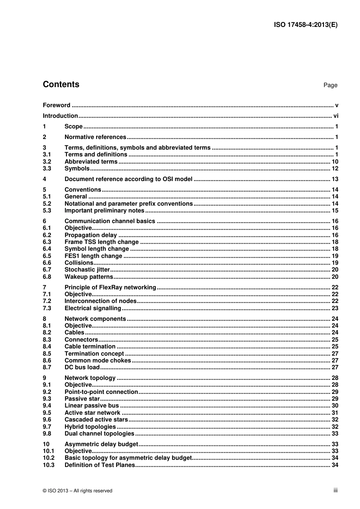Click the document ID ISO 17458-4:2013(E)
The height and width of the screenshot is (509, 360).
click(305, 25)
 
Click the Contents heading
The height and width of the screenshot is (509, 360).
click(61, 84)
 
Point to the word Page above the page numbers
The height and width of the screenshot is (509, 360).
click(330, 85)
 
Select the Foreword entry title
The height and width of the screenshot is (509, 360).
click(56, 105)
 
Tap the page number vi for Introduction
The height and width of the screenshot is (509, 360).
click(336, 116)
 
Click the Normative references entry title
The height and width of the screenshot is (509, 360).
click(95, 137)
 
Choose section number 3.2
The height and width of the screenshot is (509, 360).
click(47, 162)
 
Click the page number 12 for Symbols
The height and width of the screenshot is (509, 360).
click(335, 169)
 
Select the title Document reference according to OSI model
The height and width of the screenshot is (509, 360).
click(128, 179)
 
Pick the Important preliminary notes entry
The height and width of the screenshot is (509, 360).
click(104, 211)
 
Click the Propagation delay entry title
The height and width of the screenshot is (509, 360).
click(91, 235)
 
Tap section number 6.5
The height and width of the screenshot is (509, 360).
click(47, 256)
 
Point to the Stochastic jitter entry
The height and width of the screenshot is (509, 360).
click(87, 270)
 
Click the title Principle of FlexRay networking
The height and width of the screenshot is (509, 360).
click(110, 287)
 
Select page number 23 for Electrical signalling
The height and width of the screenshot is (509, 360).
click(335, 308)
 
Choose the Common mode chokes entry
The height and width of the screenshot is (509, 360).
click(98, 361)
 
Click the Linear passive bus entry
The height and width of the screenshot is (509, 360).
click(92, 406)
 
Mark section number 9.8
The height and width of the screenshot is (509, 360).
click(47, 434)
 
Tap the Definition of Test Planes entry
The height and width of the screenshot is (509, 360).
click(100, 465)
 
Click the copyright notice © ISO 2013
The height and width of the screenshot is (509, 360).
click(77, 491)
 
